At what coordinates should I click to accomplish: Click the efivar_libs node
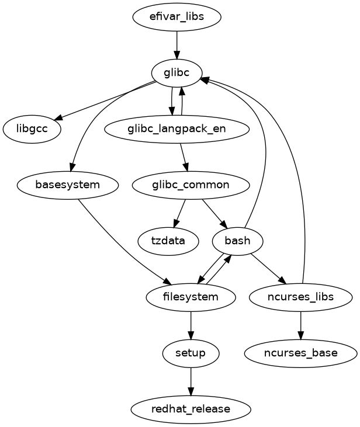[176, 16]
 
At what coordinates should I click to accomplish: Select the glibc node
[176, 73]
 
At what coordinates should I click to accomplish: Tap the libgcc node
[32, 129]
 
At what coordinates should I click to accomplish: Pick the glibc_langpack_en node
[176, 129]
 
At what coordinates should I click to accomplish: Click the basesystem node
[68, 185]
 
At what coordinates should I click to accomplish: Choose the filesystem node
[191, 297]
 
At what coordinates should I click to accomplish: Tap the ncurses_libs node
[300, 297]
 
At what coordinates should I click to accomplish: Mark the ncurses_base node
[300, 353]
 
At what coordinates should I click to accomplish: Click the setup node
[191, 353]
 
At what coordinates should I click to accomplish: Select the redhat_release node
[191, 409]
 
